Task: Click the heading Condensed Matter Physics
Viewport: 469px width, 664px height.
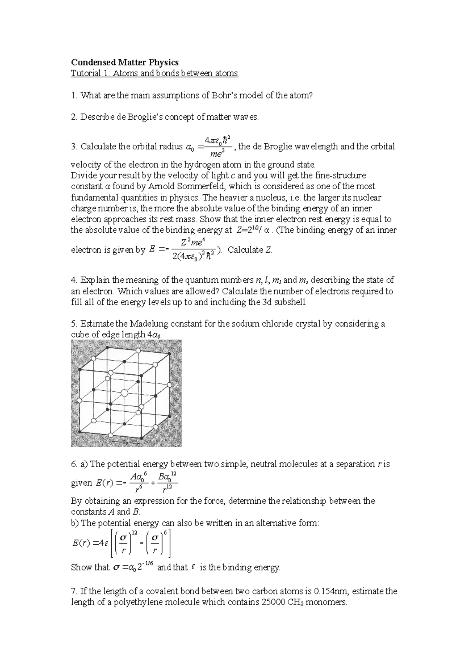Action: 124,62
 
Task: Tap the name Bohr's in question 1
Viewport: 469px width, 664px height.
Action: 225,95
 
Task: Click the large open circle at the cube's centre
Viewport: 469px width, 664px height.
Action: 124,392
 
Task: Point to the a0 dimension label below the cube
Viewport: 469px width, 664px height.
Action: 125,442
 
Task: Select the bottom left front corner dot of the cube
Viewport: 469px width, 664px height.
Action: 80,431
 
